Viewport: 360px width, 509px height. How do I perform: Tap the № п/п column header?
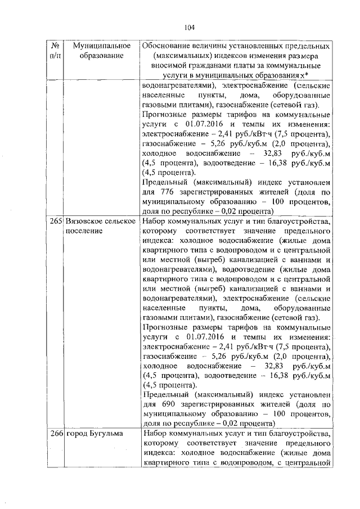55,50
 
